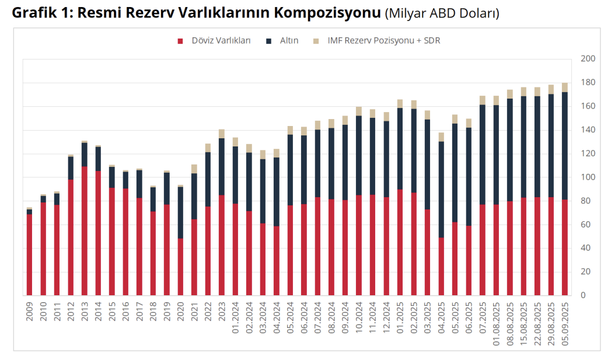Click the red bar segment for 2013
(84, 230)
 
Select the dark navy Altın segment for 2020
(180, 212)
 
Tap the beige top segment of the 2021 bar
(194, 169)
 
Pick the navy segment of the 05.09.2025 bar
(564, 145)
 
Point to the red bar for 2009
(29, 254)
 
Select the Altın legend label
(289, 41)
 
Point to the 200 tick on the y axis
(587, 59)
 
